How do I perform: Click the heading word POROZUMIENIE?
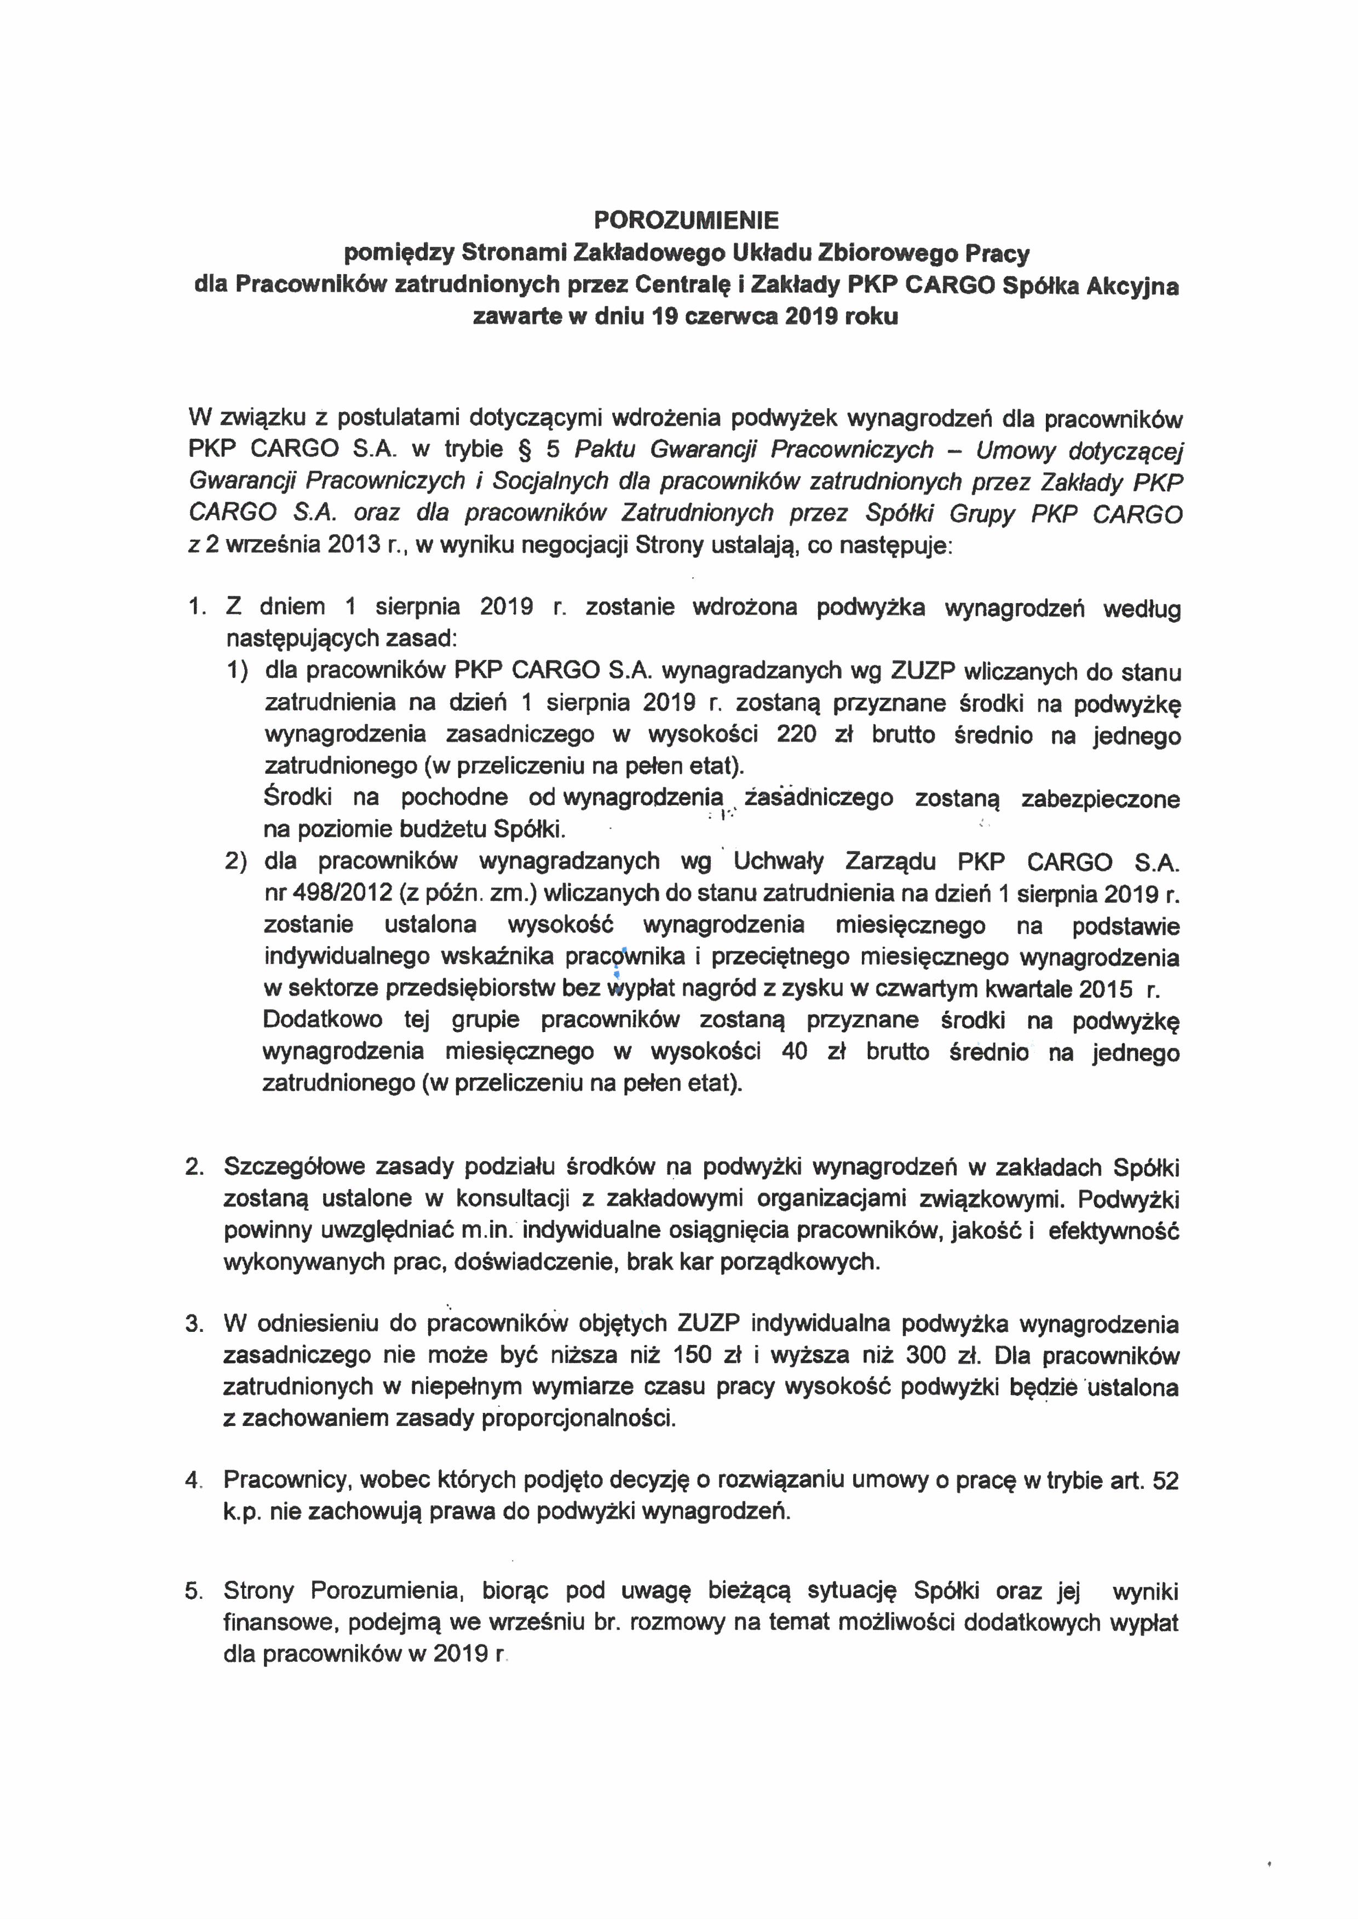pyautogui.click(x=686, y=220)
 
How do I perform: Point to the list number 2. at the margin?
pyautogui.click(x=195, y=1167)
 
